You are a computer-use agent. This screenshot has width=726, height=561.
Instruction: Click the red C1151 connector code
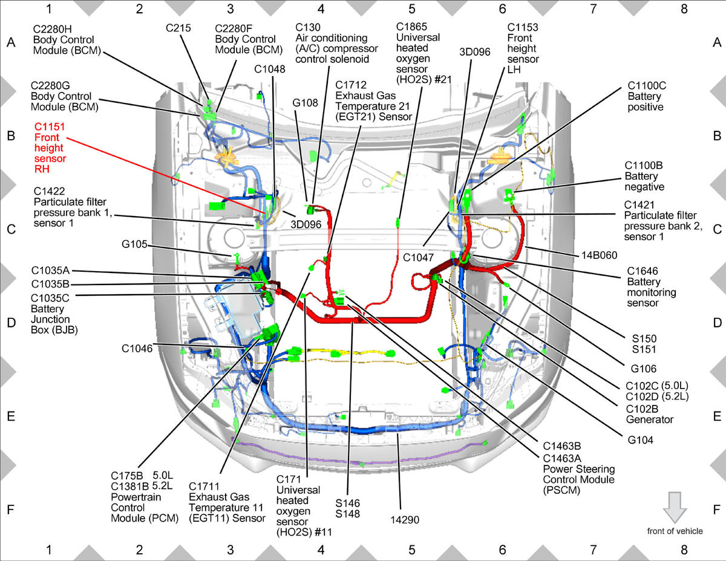coord(50,126)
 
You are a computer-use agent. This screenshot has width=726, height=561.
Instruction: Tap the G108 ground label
coord(305,103)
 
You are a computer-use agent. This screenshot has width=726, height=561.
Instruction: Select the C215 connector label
coord(178,28)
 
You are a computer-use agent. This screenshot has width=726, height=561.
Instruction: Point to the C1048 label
coord(270,69)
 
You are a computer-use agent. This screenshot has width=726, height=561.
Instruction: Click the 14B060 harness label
coord(600,255)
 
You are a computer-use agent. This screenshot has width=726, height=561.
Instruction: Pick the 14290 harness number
coord(405,520)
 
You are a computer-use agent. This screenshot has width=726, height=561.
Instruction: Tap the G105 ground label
coord(134,244)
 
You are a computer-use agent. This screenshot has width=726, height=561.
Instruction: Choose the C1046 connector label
coord(137,349)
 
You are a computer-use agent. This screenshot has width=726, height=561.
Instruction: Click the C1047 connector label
coord(418,258)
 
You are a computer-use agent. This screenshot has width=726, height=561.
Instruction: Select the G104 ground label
coord(641,440)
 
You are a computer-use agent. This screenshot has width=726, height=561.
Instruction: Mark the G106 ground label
coord(644,369)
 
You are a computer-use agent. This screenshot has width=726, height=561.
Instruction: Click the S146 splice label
coord(348,503)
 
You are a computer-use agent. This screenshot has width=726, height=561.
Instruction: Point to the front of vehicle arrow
coord(675,508)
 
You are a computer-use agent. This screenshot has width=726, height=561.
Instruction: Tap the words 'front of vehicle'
coord(675,531)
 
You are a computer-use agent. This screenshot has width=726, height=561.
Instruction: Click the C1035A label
coord(50,271)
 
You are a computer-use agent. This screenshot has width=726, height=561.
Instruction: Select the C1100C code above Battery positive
coord(647,86)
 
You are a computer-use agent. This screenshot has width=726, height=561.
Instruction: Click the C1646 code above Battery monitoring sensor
coord(643,271)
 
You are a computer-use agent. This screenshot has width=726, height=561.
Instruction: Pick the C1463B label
coord(562,446)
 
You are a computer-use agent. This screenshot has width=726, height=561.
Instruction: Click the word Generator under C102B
coord(650,419)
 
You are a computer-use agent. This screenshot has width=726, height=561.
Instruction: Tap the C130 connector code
coord(308,27)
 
